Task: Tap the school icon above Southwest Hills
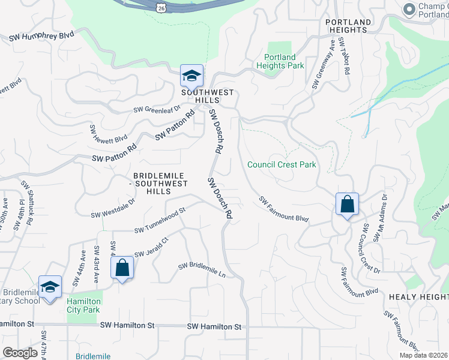191,76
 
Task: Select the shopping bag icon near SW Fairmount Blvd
347,205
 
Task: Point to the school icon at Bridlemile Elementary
50,287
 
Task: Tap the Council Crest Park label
282,164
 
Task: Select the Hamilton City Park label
83,305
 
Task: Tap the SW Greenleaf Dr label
157,109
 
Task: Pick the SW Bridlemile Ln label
202,270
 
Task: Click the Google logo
20,353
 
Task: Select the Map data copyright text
424,355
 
